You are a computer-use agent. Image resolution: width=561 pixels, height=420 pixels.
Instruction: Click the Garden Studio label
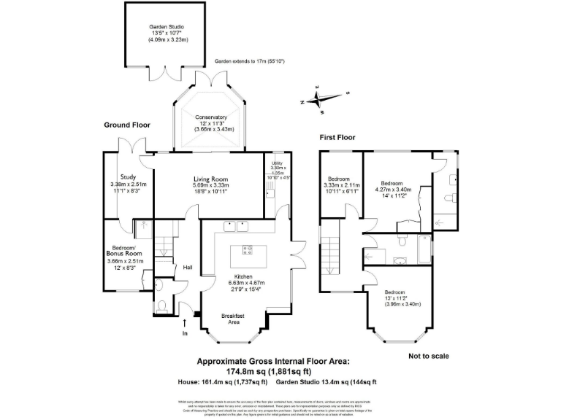167,27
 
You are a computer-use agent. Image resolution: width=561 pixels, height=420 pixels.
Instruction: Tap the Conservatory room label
210,117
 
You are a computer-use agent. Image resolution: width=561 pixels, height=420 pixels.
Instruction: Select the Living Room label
211,179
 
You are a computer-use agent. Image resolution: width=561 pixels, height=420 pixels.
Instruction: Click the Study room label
129,176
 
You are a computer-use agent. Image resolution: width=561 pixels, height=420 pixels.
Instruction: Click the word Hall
187,267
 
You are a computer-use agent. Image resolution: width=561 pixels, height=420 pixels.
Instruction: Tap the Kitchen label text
247,276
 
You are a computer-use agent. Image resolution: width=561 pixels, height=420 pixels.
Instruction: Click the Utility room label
277,163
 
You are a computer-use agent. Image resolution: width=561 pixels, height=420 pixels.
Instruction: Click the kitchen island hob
247,250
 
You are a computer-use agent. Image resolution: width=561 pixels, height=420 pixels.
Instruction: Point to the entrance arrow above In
184,321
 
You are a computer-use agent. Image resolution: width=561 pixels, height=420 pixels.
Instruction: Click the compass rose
321,98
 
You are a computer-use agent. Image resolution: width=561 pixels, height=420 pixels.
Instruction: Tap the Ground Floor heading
126,125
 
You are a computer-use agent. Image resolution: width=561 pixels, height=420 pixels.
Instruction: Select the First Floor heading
337,137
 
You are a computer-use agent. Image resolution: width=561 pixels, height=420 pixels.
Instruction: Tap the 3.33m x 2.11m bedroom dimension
343,184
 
